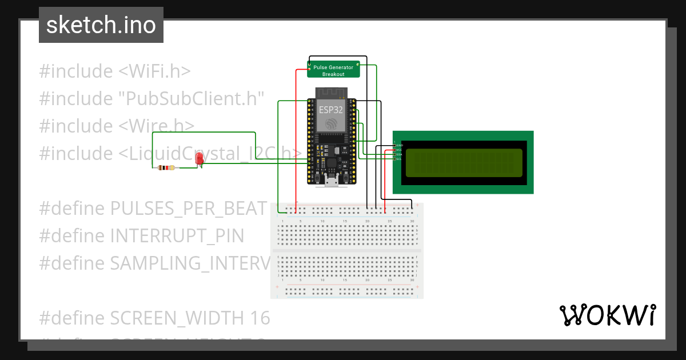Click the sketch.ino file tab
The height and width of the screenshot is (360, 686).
click(101, 25)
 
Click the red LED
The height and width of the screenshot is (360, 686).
click(200, 159)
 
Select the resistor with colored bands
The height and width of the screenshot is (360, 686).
click(166, 168)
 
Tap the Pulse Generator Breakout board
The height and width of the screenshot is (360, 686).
click(333, 70)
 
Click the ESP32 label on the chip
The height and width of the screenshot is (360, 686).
click(331, 110)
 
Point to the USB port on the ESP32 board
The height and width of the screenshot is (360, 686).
click(330, 182)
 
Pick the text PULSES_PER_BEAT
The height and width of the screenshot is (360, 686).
click(189, 208)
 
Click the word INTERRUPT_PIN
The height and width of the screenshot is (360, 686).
click(177, 235)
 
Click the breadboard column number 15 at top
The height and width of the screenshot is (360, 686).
click(345, 221)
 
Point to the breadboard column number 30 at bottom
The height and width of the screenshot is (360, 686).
click(412, 281)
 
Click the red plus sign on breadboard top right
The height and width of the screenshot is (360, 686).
click(418, 205)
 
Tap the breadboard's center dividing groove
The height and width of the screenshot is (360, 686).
click(347, 250)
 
